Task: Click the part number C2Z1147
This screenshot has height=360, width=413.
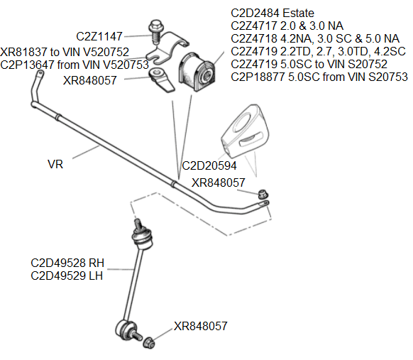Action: pyautogui.click(x=99, y=36)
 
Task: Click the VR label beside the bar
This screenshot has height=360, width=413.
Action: pyautogui.click(x=55, y=164)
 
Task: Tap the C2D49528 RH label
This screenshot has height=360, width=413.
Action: pyautogui.click(x=67, y=263)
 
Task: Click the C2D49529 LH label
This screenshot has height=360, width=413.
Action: pyautogui.click(x=67, y=275)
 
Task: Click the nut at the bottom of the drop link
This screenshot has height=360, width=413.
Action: pyautogui.click(x=149, y=343)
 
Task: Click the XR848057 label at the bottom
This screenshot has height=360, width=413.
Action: pyautogui.click(x=200, y=327)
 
